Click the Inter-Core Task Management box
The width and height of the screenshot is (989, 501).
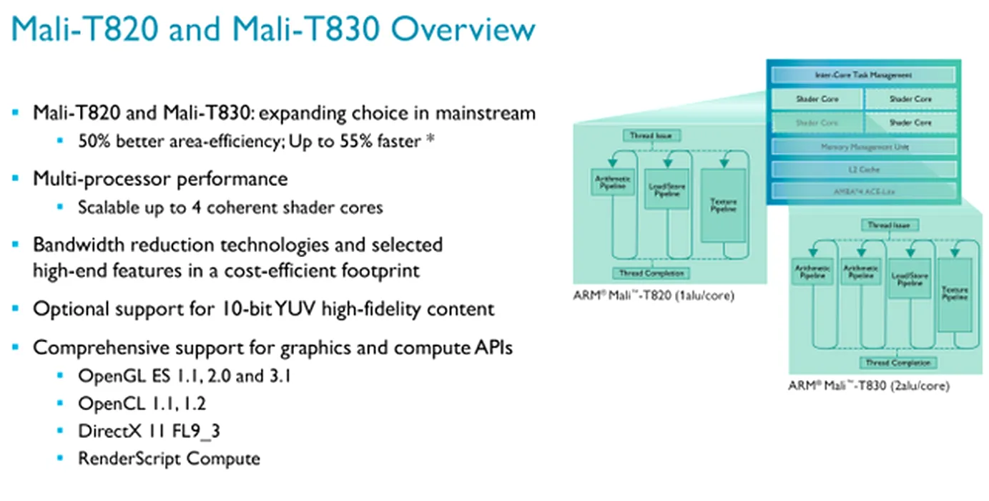tap(863, 74)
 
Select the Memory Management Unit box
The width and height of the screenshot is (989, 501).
tap(863, 147)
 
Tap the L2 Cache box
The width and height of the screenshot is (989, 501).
tap(863, 170)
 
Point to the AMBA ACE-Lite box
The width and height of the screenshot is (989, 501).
tap(863, 191)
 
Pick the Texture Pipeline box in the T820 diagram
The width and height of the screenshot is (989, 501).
tap(723, 205)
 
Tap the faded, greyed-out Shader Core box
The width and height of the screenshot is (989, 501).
tap(817, 122)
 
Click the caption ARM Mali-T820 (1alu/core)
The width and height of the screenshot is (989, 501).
tap(654, 295)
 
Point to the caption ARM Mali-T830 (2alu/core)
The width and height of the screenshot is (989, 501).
tap(869, 386)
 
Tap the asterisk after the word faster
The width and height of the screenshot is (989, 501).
tap(430, 140)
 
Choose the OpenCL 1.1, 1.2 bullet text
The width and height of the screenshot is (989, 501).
tap(142, 404)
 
